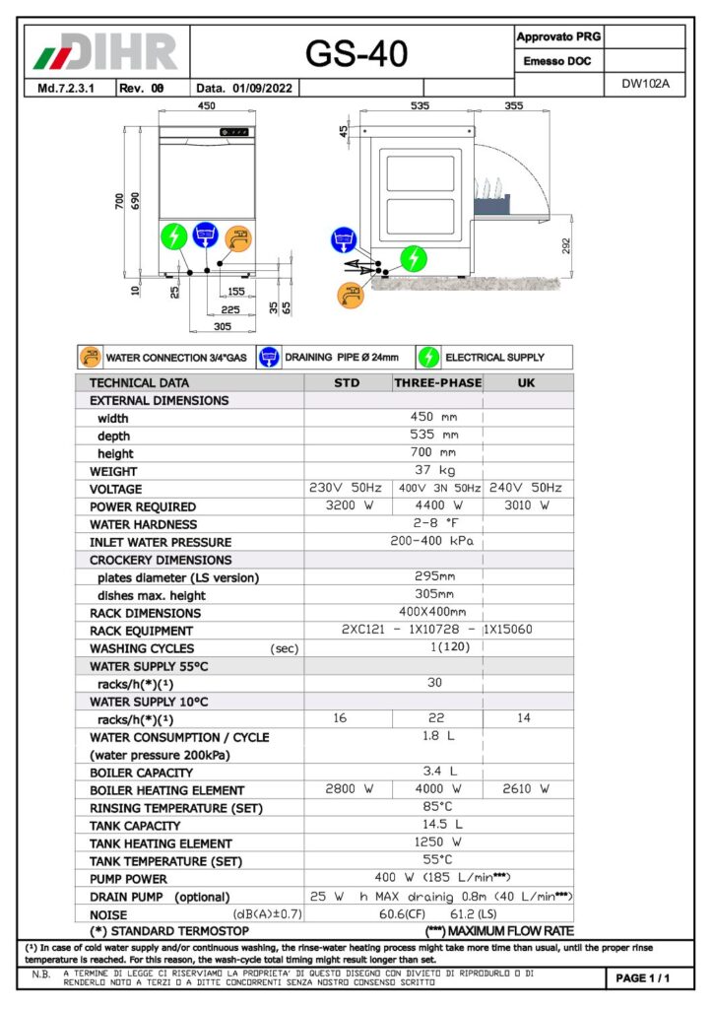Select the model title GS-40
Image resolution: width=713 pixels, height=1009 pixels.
[356, 54]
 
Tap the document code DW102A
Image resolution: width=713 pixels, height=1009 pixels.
[645, 84]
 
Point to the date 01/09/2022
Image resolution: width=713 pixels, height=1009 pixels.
[263, 88]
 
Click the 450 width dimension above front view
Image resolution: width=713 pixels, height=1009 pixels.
[207, 105]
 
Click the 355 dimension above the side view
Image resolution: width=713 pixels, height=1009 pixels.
[513, 105]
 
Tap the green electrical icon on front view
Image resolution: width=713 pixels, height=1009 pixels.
[173, 236]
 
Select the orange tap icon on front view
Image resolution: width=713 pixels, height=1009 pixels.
[237, 237]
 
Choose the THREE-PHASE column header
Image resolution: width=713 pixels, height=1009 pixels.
[437, 382]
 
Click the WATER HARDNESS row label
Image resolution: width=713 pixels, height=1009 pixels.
[143, 524]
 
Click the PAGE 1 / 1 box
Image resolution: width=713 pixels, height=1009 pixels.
[643, 978]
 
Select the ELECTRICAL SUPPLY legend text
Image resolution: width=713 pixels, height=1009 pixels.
[494, 358]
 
